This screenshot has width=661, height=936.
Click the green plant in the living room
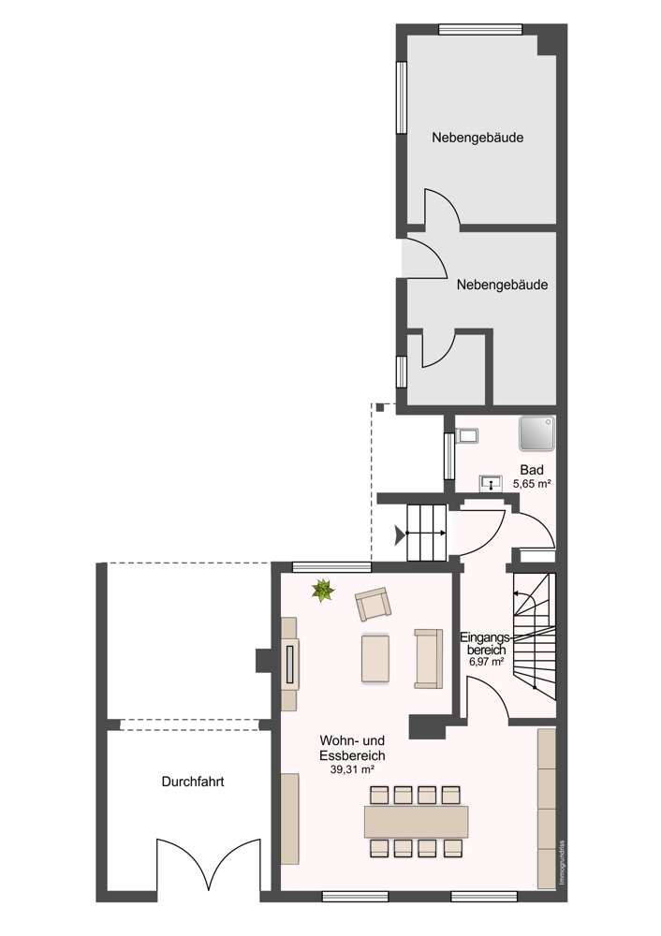tap(323, 590)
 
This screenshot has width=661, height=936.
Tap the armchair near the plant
tap(372, 604)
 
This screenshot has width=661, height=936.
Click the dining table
tap(417, 822)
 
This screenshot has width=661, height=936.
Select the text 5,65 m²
tap(531, 484)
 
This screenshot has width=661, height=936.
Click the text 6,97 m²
tap(485, 662)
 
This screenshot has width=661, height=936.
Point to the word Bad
tap(531, 470)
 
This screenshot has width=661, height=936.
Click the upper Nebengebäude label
tap(477, 138)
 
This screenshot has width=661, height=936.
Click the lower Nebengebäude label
tap(502, 285)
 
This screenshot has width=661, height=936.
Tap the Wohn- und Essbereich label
tap(351, 747)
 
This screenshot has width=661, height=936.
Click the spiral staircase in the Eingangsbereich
tap(535, 636)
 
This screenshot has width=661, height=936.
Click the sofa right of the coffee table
tap(428, 657)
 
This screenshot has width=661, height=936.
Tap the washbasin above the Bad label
tap(490, 483)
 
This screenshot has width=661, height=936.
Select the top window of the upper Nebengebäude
tap(480, 29)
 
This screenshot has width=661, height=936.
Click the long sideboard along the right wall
tap(546, 807)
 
